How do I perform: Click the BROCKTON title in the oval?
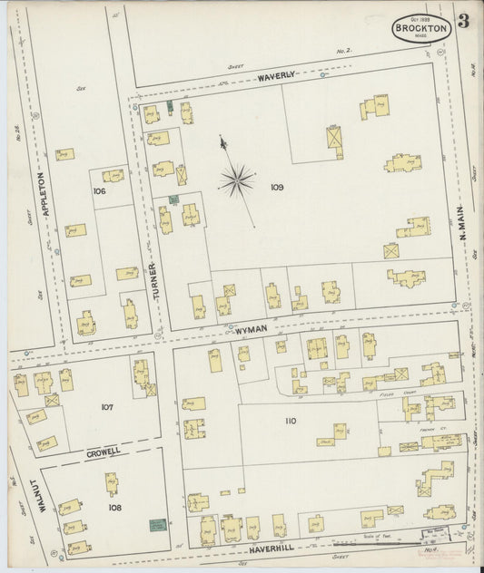[x=421, y=29]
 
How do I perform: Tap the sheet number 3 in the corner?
[x=463, y=22]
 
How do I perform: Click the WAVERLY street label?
[x=276, y=77]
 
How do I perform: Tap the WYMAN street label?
[x=251, y=330]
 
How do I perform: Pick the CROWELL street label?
[x=104, y=451]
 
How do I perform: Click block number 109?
[x=277, y=188]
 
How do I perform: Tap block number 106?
[x=99, y=191]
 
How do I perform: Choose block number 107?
[x=106, y=407]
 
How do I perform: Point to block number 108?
[x=114, y=508]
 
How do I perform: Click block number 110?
[x=290, y=421]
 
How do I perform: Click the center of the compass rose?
[x=237, y=180]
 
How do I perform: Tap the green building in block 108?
[x=158, y=524]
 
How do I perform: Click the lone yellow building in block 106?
[x=113, y=176]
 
